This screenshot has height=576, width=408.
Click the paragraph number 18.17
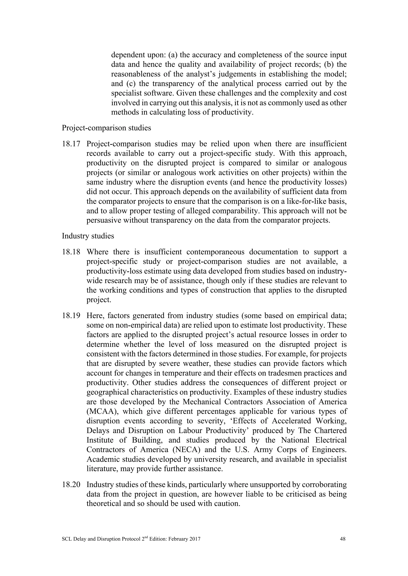coord(71,144)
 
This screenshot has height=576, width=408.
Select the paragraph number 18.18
coord(71,252)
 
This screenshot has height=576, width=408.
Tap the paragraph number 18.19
coord(71,316)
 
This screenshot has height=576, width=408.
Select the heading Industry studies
coord(88,236)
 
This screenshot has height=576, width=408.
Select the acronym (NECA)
coord(186,450)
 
